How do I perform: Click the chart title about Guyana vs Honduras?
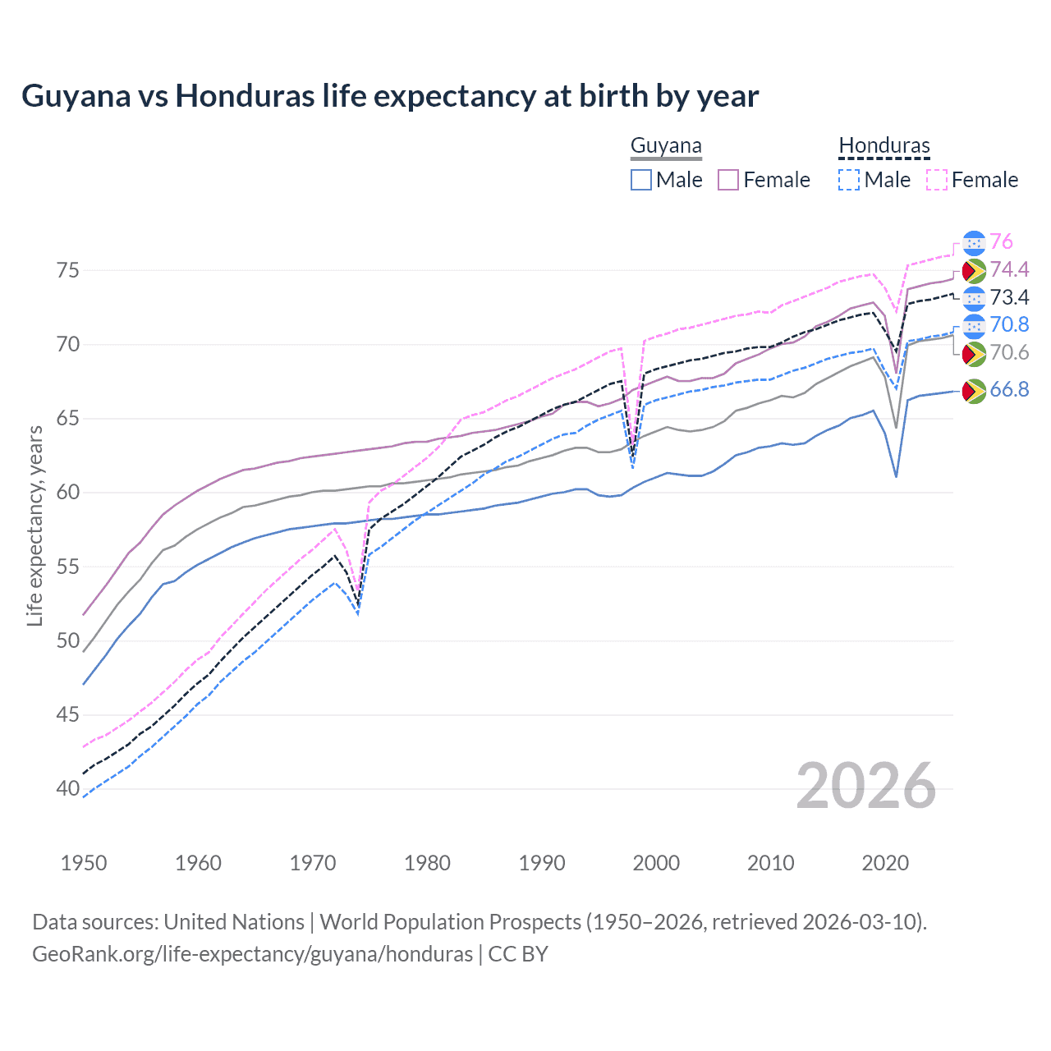coord(390,96)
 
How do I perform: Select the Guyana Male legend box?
coord(641,180)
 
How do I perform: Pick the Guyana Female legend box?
coord(729,180)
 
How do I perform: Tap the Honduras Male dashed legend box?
coord(849,180)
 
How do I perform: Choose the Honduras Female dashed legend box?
coord(937,180)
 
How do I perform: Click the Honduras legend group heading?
coord(884,146)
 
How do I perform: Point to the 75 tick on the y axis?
coord(68,270)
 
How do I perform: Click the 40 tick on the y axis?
coord(68,788)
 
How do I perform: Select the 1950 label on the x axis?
coord(84,863)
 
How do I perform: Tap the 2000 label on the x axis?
coord(656,863)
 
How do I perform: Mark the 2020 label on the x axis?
coord(884,863)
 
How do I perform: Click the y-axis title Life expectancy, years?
coord(34,525)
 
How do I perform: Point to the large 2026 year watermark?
coord(866,787)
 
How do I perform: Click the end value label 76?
coord(1001,241)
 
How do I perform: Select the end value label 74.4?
coord(1009,269)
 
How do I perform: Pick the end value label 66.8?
coord(1009,389)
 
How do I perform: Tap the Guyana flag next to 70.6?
coord(974,354)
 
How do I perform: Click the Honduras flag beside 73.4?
coord(974,298)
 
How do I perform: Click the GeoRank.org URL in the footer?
coord(252,954)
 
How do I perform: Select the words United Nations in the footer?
coord(234,922)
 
